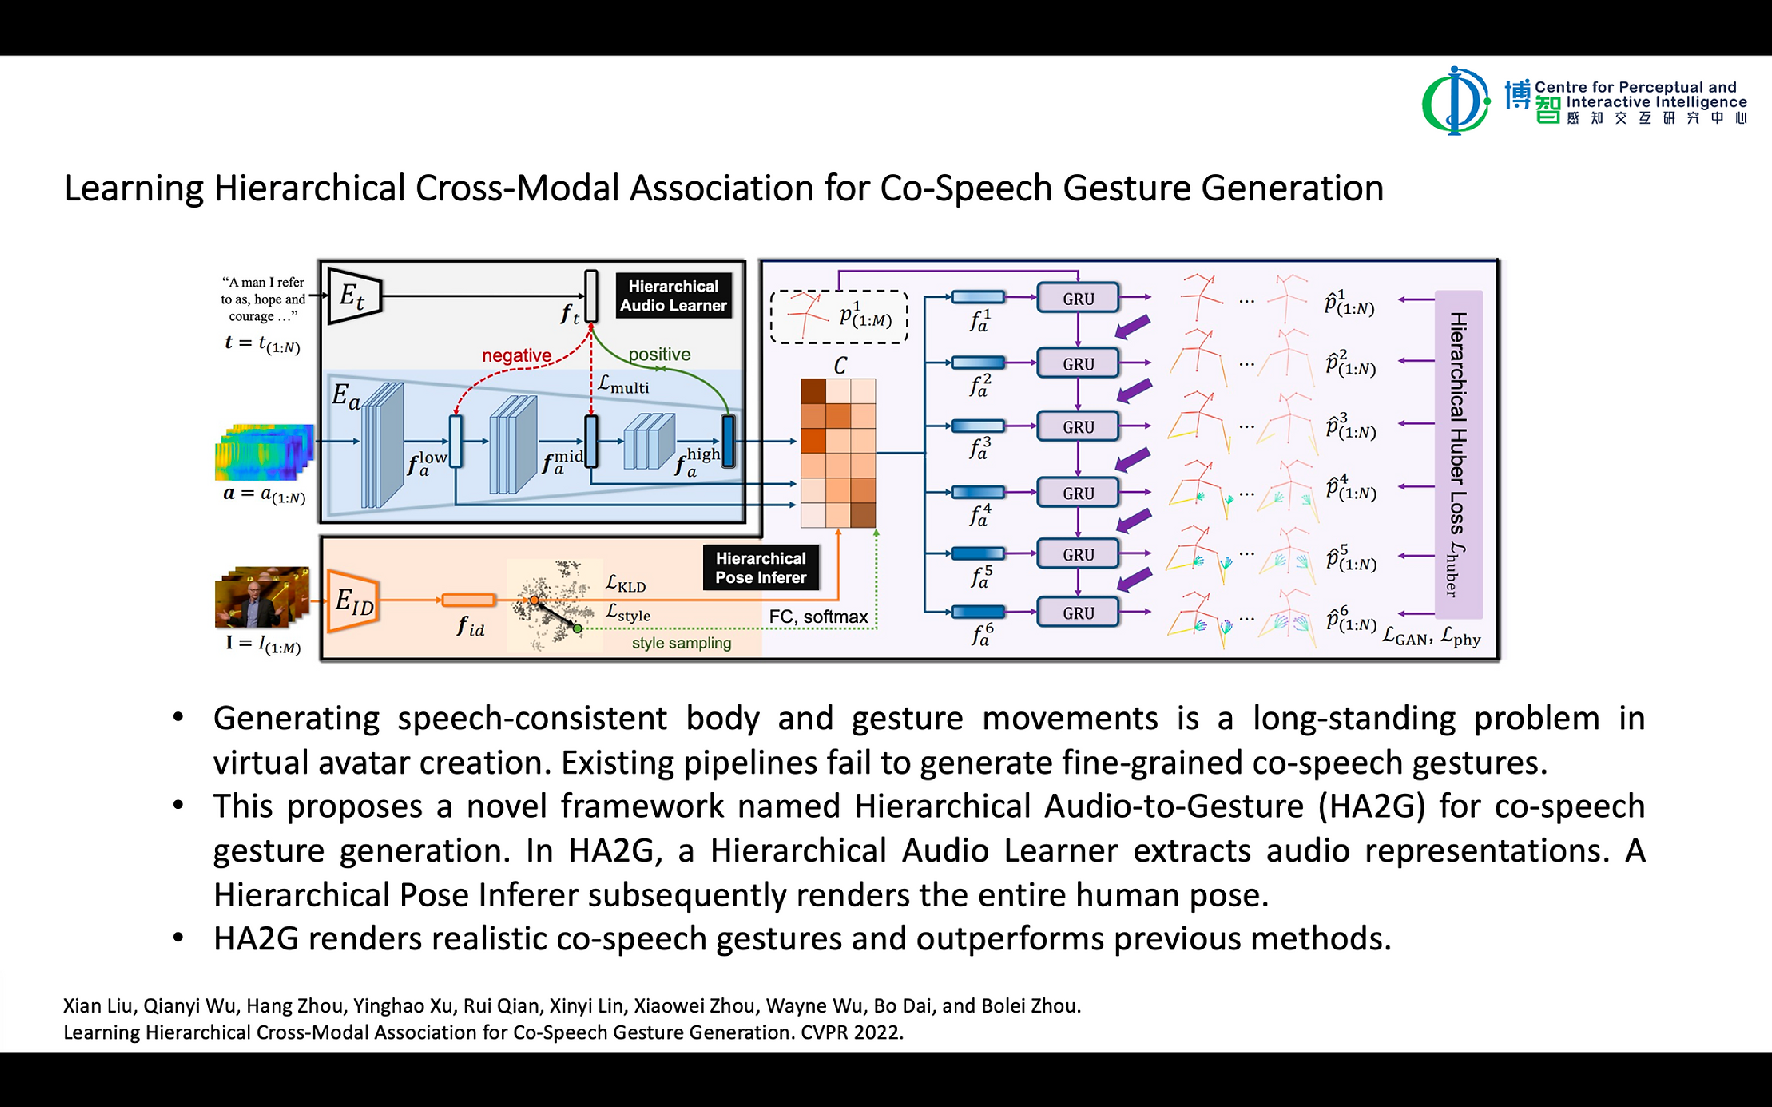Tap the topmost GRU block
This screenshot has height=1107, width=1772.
[x=1078, y=299]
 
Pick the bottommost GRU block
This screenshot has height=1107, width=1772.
[x=1078, y=613]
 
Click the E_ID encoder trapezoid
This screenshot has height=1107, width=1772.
[x=353, y=600]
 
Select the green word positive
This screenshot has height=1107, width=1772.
[x=659, y=354]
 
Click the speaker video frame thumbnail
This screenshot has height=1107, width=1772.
[x=261, y=597]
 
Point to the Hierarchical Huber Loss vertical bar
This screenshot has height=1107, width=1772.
[x=1458, y=454]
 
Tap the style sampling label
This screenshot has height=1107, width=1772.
[x=681, y=643]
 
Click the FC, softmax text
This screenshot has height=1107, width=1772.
[x=818, y=617]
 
